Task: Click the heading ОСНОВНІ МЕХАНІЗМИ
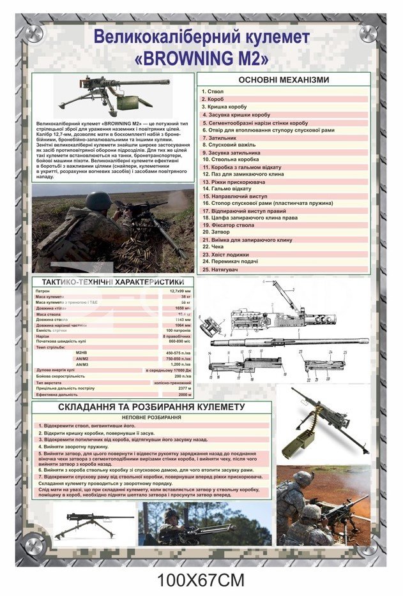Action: (284, 80)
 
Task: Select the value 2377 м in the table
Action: (185, 388)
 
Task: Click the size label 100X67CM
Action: (201, 581)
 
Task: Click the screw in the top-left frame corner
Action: (34, 32)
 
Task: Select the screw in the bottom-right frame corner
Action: (369, 546)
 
